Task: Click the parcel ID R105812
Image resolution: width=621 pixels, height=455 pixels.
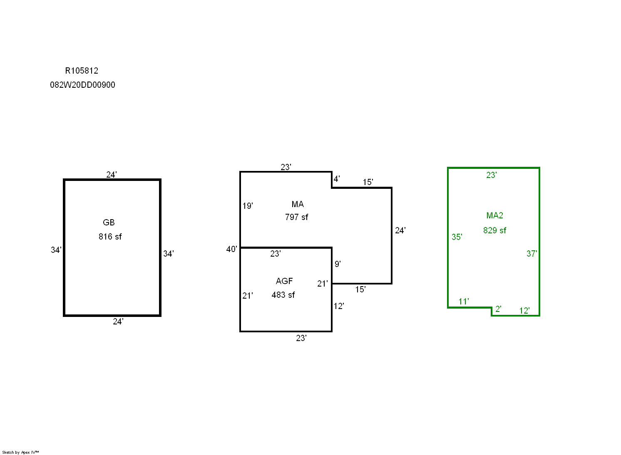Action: click(82, 71)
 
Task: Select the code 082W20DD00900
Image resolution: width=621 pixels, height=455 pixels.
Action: click(82, 85)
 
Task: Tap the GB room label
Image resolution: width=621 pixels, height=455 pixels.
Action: click(108, 223)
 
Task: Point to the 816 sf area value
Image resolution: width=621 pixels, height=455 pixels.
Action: click(110, 237)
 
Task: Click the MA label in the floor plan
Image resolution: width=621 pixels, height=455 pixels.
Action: click(298, 204)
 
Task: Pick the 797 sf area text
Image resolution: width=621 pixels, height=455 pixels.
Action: click(296, 217)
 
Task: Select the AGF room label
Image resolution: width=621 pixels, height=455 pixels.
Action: click(284, 281)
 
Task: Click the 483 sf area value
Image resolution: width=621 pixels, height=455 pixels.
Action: click(283, 295)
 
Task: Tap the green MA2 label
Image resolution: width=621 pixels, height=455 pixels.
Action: click(494, 215)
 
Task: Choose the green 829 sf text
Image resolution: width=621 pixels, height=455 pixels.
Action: click(494, 230)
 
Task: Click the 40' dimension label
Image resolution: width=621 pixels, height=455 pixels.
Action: click(231, 249)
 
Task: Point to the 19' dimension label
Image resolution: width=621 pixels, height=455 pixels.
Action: click(248, 206)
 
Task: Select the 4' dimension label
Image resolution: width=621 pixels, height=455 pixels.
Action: click(337, 179)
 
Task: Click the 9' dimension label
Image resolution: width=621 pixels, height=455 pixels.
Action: click(338, 264)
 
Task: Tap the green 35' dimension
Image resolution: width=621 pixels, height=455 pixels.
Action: click(457, 237)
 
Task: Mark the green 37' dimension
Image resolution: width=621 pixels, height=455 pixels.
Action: click(532, 254)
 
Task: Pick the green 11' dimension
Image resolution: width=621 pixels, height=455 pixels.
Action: click(464, 302)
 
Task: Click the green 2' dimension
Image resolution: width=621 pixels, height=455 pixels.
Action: click(498, 309)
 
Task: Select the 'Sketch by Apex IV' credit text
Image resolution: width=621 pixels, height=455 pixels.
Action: click(20, 453)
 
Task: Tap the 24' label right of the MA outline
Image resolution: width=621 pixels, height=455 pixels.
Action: click(400, 230)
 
